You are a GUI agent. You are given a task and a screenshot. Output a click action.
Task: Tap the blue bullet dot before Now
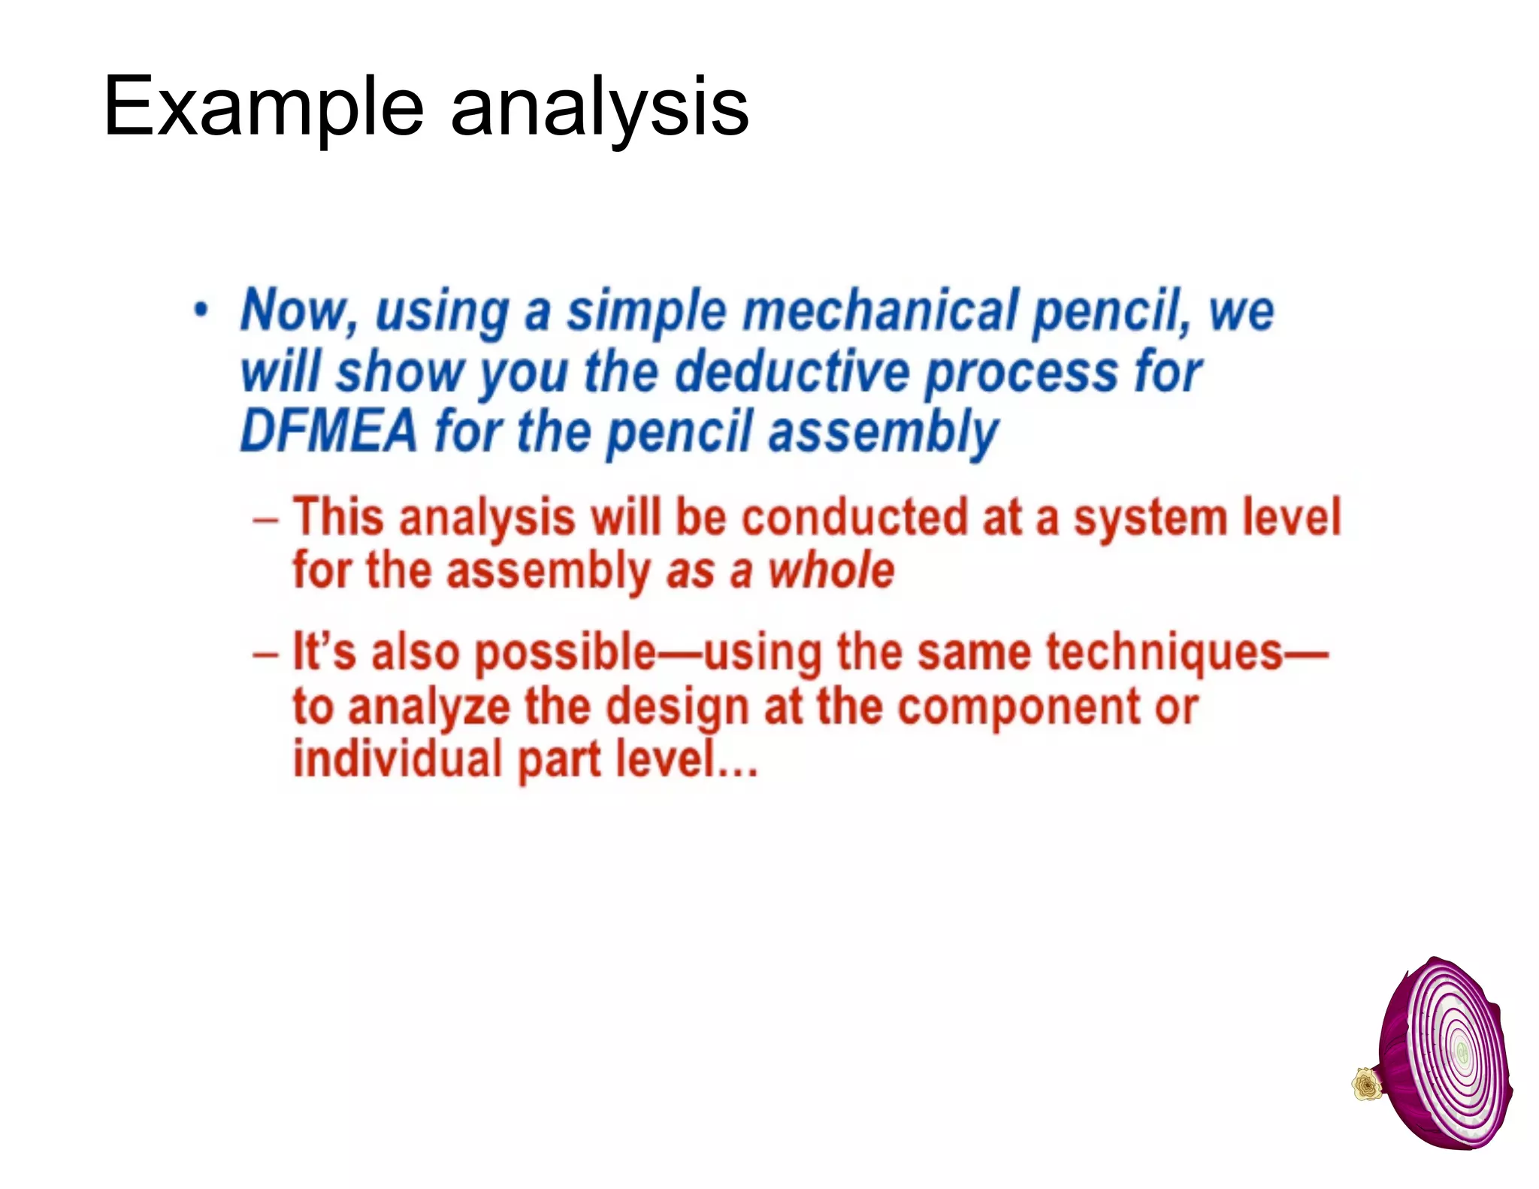click(x=201, y=310)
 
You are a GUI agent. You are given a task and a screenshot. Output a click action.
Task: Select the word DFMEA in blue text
click(x=328, y=431)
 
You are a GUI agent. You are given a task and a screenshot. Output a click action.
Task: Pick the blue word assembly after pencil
click(x=884, y=433)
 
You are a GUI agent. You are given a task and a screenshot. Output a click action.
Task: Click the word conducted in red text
click(x=854, y=517)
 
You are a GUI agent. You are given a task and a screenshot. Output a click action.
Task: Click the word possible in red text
click(x=566, y=652)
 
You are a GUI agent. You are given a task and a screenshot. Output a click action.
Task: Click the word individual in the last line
click(x=397, y=759)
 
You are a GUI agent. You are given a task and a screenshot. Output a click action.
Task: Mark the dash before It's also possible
click(x=266, y=653)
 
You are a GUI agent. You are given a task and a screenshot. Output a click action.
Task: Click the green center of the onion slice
click(x=1462, y=1051)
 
